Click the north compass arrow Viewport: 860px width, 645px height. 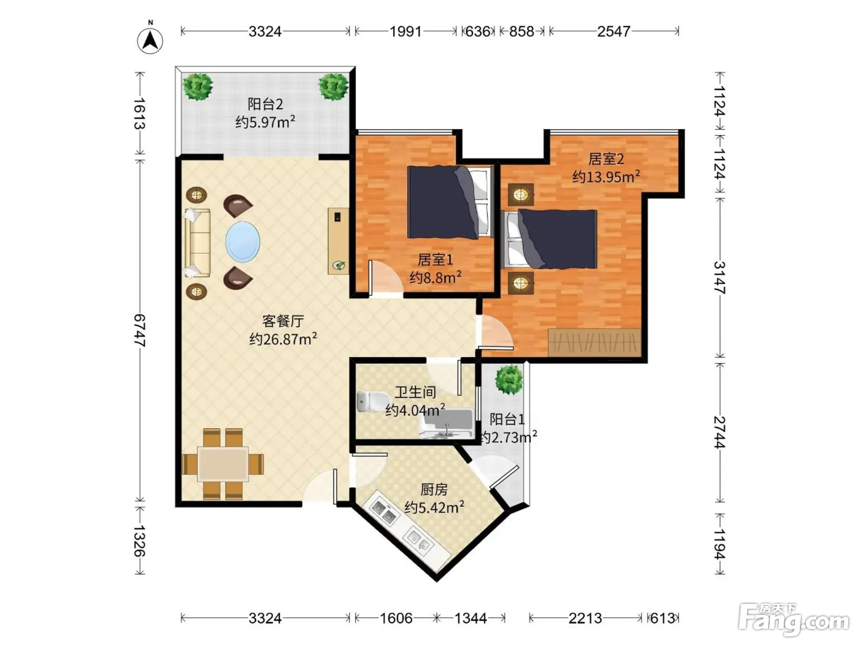[150, 41]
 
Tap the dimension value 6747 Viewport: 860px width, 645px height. [140, 330]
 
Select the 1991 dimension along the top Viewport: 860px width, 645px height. [405, 31]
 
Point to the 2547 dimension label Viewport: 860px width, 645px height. [614, 31]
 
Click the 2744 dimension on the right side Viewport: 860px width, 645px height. [720, 432]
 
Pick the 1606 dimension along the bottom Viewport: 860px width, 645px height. [396, 619]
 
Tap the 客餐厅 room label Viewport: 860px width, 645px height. [283, 321]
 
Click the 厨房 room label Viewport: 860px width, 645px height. [434, 490]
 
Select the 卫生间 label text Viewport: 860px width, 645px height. [415, 392]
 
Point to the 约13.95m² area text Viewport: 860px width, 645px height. [606, 177]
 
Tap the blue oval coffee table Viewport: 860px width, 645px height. [243, 241]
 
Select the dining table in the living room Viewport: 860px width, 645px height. [222, 464]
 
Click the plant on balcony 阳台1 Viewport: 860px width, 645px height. [509, 380]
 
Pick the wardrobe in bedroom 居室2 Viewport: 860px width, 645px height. [595, 343]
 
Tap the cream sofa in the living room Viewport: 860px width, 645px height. [198, 243]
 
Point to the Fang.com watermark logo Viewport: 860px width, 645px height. [794, 620]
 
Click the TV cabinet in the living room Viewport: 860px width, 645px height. [338, 241]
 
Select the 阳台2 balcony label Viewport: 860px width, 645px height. [265, 104]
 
